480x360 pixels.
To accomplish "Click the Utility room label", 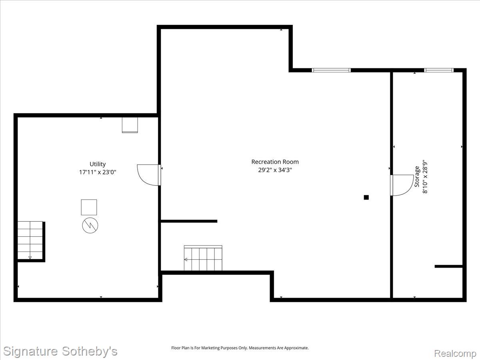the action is pyautogui.click(x=98, y=164).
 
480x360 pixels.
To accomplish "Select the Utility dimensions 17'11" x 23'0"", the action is pyautogui.click(x=98, y=172).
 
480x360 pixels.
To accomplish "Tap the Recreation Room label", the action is pyautogui.click(x=275, y=162).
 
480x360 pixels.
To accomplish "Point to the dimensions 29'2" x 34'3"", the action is pyautogui.click(x=275, y=170).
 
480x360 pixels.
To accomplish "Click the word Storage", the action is pyautogui.click(x=417, y=177).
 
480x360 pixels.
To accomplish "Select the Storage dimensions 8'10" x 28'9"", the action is pyautogui.click(x=425, y=177).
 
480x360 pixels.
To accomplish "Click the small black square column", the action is pyautogui.click(x=366, y=197).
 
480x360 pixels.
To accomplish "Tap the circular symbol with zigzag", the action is pyautogui.click(x=90, y=225).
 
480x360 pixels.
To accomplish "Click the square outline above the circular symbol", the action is pyautogui.click(x=89, y=207).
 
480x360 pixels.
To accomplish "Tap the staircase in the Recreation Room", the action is pyautogui.click(x=203, y=258).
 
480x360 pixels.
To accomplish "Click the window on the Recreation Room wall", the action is pyautogui.click(x=331, y=70).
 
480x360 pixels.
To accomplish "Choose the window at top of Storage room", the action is pyautogui.click(x=439, y=70).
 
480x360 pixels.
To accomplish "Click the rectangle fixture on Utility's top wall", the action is pyautogui.click(x=130, y=125).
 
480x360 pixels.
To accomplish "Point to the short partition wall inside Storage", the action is pyautogui.click(x=448, y=266).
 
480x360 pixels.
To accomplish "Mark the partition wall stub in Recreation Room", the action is pyautogui.click(x=189, y=221).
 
